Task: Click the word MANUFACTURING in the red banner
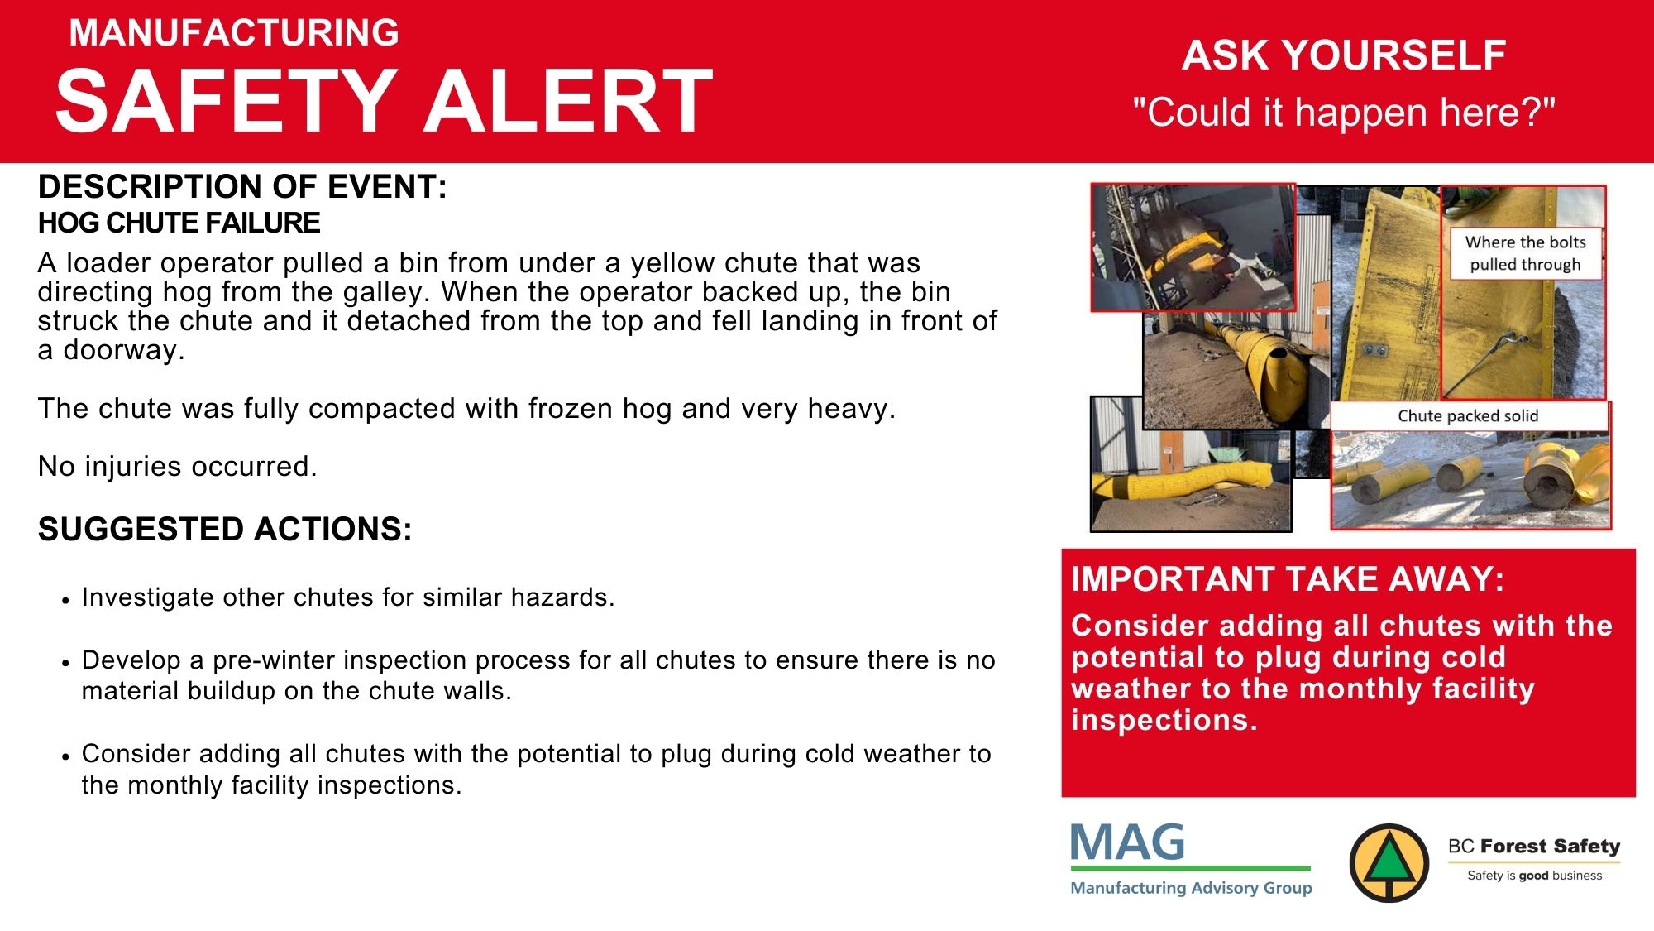pyautogui.click(x=234, y=33)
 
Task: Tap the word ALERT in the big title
pyautogui.click(x=568, y=101)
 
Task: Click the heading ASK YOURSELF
pyautogui.click(x=1344, y=55)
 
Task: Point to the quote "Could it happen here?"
pyautogui.click(x=1344, y=112)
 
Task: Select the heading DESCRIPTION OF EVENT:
pyautogui.click(x=242, y=187)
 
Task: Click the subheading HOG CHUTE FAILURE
pyautogui.click(x=179, y=223)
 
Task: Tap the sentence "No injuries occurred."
pyautogui.click(x=178, y=467)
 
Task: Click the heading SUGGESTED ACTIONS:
pyautogui.click(x=225, y=530)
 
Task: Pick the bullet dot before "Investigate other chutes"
pyautogui.click(x=65, y=600)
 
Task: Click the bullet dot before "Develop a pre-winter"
pyautogui.click(x=65, y=663)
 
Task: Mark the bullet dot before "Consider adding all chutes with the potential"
pyautogui.click(x=65, y=756)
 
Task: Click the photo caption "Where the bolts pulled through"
pyautogui.click(x=1526, y=253)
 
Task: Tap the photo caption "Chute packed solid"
pyautogui.click(x=1468, y=416)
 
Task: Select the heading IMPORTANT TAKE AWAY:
pyautogui.click(x=1288, y=579)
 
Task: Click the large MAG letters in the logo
pyautogui.click(x=1128, y=842)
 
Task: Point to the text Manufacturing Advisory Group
pyautogui.click(x=1191, y=888)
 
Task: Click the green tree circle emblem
pyautogui.click(x=1389, y=863)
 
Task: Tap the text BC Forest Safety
pyautogui.click(x=1534, y=846)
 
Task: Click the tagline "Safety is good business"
pyautogui.click(x=1534, y=876)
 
